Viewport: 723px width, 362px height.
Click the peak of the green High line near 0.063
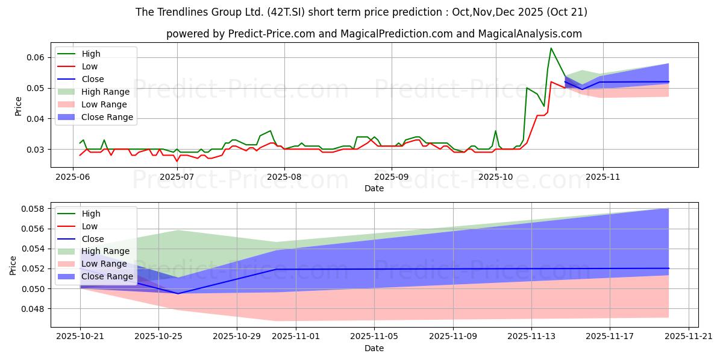pyautogui.click(x=551, y=48)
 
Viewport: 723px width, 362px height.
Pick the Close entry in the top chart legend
pyautogui.click(x=93, y=79)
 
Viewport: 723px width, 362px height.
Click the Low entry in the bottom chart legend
pyautogui.click(x=89, y=226)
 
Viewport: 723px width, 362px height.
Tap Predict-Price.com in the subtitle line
pyautogui.click(x=272, y=34)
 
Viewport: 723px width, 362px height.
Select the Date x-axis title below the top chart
pyautogui.click(x=374, y=188)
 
